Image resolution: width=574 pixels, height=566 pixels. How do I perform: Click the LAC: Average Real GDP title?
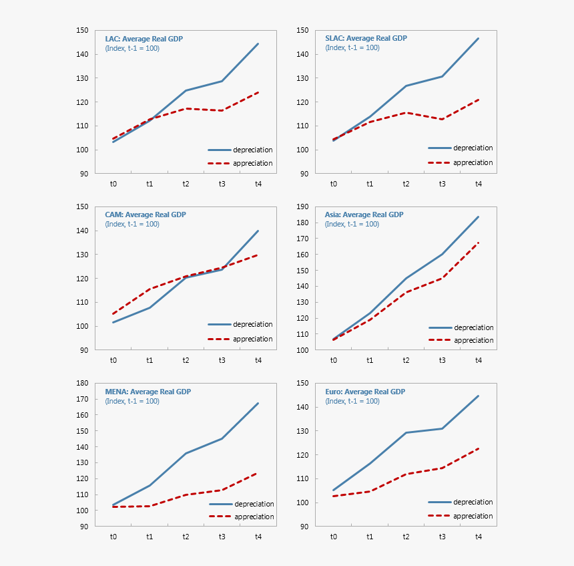143,39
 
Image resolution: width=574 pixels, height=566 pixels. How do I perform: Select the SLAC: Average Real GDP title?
366,39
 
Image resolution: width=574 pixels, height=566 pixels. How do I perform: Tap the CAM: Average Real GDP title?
146,215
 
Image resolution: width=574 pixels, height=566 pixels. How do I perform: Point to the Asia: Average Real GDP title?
364,215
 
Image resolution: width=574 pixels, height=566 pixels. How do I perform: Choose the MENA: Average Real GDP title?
148,392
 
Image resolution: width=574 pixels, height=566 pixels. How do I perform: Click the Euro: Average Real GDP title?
364,392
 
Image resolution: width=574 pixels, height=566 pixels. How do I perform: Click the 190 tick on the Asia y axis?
303,206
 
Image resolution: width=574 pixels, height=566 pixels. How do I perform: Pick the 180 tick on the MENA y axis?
83,383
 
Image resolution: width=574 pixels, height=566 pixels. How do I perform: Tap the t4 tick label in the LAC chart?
258,184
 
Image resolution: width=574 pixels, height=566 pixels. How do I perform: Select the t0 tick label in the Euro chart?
334,537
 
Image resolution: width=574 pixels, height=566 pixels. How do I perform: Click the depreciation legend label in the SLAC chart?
473,148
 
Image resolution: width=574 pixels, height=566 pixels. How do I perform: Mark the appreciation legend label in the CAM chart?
253,339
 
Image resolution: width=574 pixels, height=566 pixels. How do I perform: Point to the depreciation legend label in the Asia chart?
474,327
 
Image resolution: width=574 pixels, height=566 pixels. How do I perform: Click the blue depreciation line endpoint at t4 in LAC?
258,44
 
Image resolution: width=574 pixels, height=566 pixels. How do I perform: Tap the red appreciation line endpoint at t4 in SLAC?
479,100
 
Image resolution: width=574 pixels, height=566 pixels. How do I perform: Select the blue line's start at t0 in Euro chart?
334,490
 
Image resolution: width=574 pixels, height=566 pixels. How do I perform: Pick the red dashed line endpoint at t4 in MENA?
258,473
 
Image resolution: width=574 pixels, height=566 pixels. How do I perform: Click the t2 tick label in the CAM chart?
186,360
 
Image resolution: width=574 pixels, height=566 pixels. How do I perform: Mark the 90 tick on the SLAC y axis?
303,174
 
